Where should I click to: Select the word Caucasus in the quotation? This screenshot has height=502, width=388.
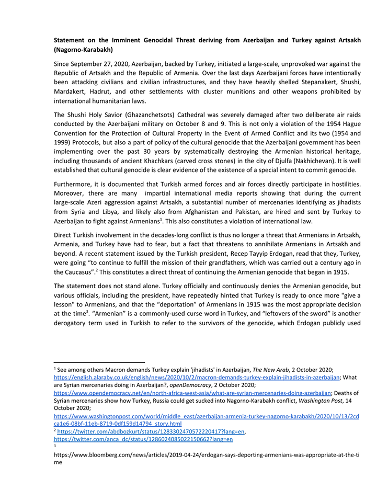coord(89,272)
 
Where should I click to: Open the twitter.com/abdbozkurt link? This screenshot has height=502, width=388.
coord(152,431)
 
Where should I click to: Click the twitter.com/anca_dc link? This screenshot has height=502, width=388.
coord(144,439)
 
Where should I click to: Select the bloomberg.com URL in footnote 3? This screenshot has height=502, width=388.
coord(207,455)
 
